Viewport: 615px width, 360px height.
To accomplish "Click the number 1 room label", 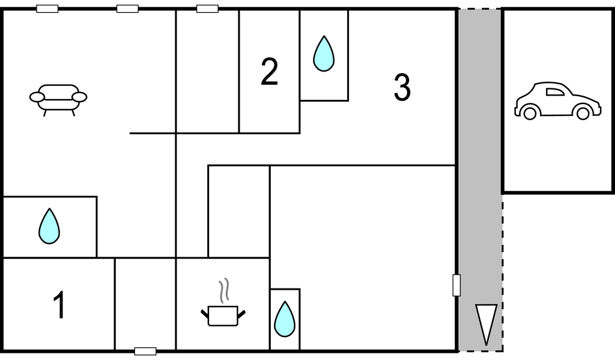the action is pyautogui.click(x=59, y=305).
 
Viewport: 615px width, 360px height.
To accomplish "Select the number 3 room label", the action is pyautogui.click(x=402, y=87).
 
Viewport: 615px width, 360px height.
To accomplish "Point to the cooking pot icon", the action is pyautogui.click(x=223, y=316).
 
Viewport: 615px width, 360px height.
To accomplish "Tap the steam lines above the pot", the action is pyautogui.click(x=223, y=290).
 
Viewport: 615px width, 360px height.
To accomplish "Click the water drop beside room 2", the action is pyautogui.click(x=324, y=53).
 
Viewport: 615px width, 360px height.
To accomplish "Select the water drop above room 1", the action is pyautogui.click(x=49, y=226).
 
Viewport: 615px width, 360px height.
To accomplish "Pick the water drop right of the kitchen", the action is pyautogui.click(x=284, y=319).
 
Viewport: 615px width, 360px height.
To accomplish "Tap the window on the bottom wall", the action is pyautogui.click(x=145, y=352).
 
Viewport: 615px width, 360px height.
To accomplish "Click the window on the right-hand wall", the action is pyautogui.click(x=456, y=285).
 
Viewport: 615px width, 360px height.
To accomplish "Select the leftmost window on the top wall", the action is pyautogui.click(x=47, y=8).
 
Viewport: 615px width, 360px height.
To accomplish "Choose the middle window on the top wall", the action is pyautogui.click(x=127, y=8).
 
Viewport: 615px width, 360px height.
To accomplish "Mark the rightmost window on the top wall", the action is pyautogui.click(x=207, y=8).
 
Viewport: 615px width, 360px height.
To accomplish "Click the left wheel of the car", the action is pyautogui.click(x=530, y=113).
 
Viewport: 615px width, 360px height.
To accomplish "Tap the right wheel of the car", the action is pyautogui.click(x=583, y=113).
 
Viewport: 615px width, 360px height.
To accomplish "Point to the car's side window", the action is pyautogui.click(x=554, y=93).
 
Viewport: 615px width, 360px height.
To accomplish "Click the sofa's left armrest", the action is pyautogui.click(x=37, y=97).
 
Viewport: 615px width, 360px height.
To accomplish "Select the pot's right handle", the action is pyautogui.click(x=241, y=314).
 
